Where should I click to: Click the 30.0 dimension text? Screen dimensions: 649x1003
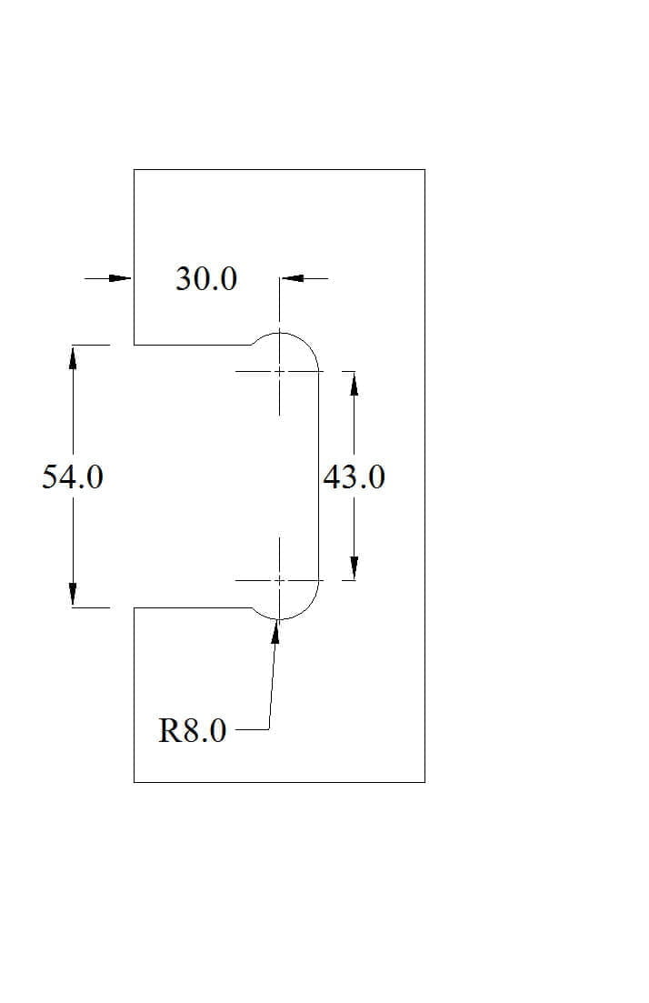(x=206, y=279)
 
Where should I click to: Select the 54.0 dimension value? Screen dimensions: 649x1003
(x=72, y=477)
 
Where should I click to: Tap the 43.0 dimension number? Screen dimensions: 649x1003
(x=354, y=477)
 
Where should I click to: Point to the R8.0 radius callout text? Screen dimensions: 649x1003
(x=192, y=730)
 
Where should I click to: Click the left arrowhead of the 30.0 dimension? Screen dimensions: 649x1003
(x=120, y=278)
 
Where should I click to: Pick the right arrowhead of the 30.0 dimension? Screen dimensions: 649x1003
(x=292, y=278)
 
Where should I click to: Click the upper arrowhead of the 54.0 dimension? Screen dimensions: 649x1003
(x=73, y=357)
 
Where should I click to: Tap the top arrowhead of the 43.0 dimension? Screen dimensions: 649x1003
(x=354, y=383)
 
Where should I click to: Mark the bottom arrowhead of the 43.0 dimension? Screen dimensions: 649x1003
(x=354, y=568)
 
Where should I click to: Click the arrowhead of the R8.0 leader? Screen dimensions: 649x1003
(x=276, y=631)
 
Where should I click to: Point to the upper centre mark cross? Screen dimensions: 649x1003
(x=279, y=371)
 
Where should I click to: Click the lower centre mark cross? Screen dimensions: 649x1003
(x=279, y=580)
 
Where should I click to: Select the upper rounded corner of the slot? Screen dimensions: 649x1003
(x=307, y=344)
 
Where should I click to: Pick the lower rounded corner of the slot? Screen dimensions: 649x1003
(x=307, y=608)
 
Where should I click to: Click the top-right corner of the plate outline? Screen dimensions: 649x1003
(x=424, y=169)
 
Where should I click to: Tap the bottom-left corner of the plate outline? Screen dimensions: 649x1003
(x=134, y=782)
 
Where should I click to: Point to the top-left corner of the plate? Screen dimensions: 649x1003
(x=134, y=169)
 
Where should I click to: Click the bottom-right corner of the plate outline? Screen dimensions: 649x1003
(x=424, y=782)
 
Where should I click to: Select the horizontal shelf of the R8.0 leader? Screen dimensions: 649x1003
(x=252, y=729)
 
